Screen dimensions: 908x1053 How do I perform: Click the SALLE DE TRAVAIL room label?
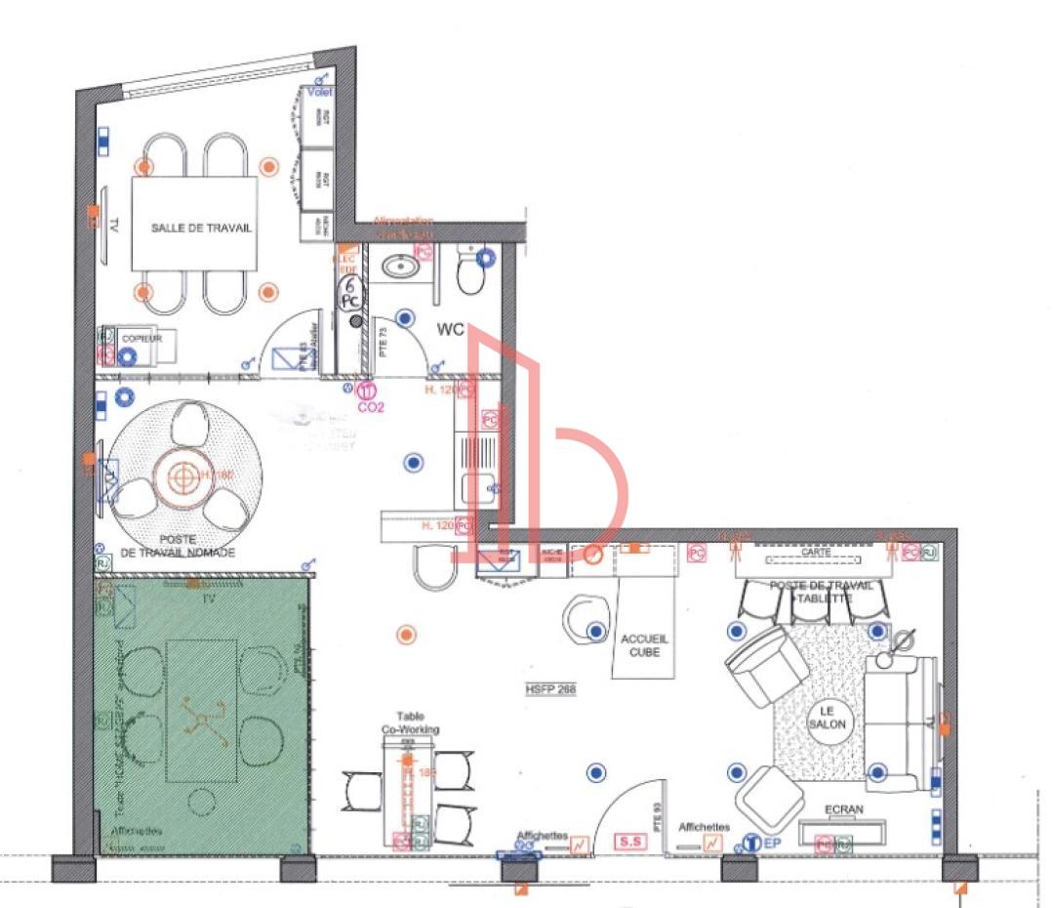[x=201, y=227]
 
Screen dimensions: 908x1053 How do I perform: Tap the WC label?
[x=450, y=330]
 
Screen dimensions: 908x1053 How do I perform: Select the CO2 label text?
[x=371, y=406]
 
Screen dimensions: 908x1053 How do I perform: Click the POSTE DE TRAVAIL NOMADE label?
[x=178, y=546]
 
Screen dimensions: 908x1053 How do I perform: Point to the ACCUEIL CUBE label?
[x=644, y=644]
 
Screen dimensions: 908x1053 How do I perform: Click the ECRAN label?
[x=843, y=809]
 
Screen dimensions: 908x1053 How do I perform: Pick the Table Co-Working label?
[x=410, y=722]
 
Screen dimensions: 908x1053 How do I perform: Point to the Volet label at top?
[x=320, y=92]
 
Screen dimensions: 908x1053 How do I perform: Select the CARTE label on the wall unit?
[x=816, y=553]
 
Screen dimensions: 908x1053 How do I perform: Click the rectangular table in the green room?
[x=201, y=710]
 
